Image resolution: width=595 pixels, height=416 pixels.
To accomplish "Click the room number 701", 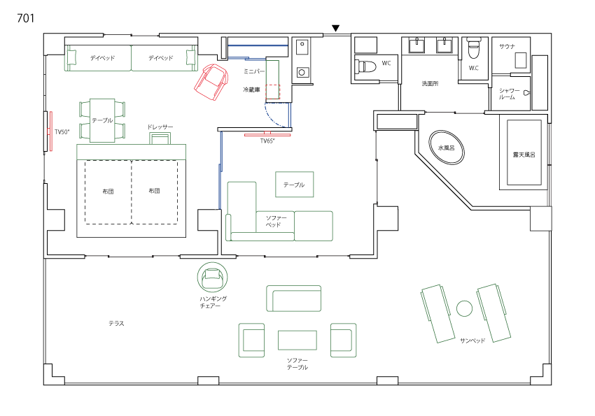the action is click(26, 18).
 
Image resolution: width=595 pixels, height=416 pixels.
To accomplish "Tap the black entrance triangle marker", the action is click(335, 29).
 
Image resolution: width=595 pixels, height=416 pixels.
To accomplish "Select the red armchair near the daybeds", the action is click(211, 82).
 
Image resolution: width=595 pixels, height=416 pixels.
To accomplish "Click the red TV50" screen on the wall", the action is click(50, 131).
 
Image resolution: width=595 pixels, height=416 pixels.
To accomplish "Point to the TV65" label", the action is click(267, 141).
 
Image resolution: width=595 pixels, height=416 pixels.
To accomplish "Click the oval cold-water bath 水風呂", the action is click(447, 148).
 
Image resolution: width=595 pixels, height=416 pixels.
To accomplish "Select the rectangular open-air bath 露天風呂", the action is click(524, 152).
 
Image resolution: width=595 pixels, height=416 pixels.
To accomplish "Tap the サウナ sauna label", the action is click(507, 47).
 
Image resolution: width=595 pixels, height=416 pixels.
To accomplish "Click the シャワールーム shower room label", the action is click(509, 94).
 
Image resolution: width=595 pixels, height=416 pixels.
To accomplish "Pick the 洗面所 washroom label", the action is click(430, 83).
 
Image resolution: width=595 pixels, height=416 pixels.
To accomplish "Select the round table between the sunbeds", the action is click(464, 308).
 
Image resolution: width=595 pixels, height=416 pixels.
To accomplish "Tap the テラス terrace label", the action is click(116, 324).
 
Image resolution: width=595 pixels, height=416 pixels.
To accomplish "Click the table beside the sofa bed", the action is click(295, 185).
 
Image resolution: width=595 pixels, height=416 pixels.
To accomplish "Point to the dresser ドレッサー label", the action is click(160, 127).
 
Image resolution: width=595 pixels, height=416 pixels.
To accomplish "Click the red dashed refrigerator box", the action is click(273, 92).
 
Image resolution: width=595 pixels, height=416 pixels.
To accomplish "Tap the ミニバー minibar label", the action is click(254, 71).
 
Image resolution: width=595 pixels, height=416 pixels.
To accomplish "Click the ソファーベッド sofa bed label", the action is click(276, 221).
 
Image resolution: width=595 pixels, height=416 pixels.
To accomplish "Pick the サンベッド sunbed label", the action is click(472, 340).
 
